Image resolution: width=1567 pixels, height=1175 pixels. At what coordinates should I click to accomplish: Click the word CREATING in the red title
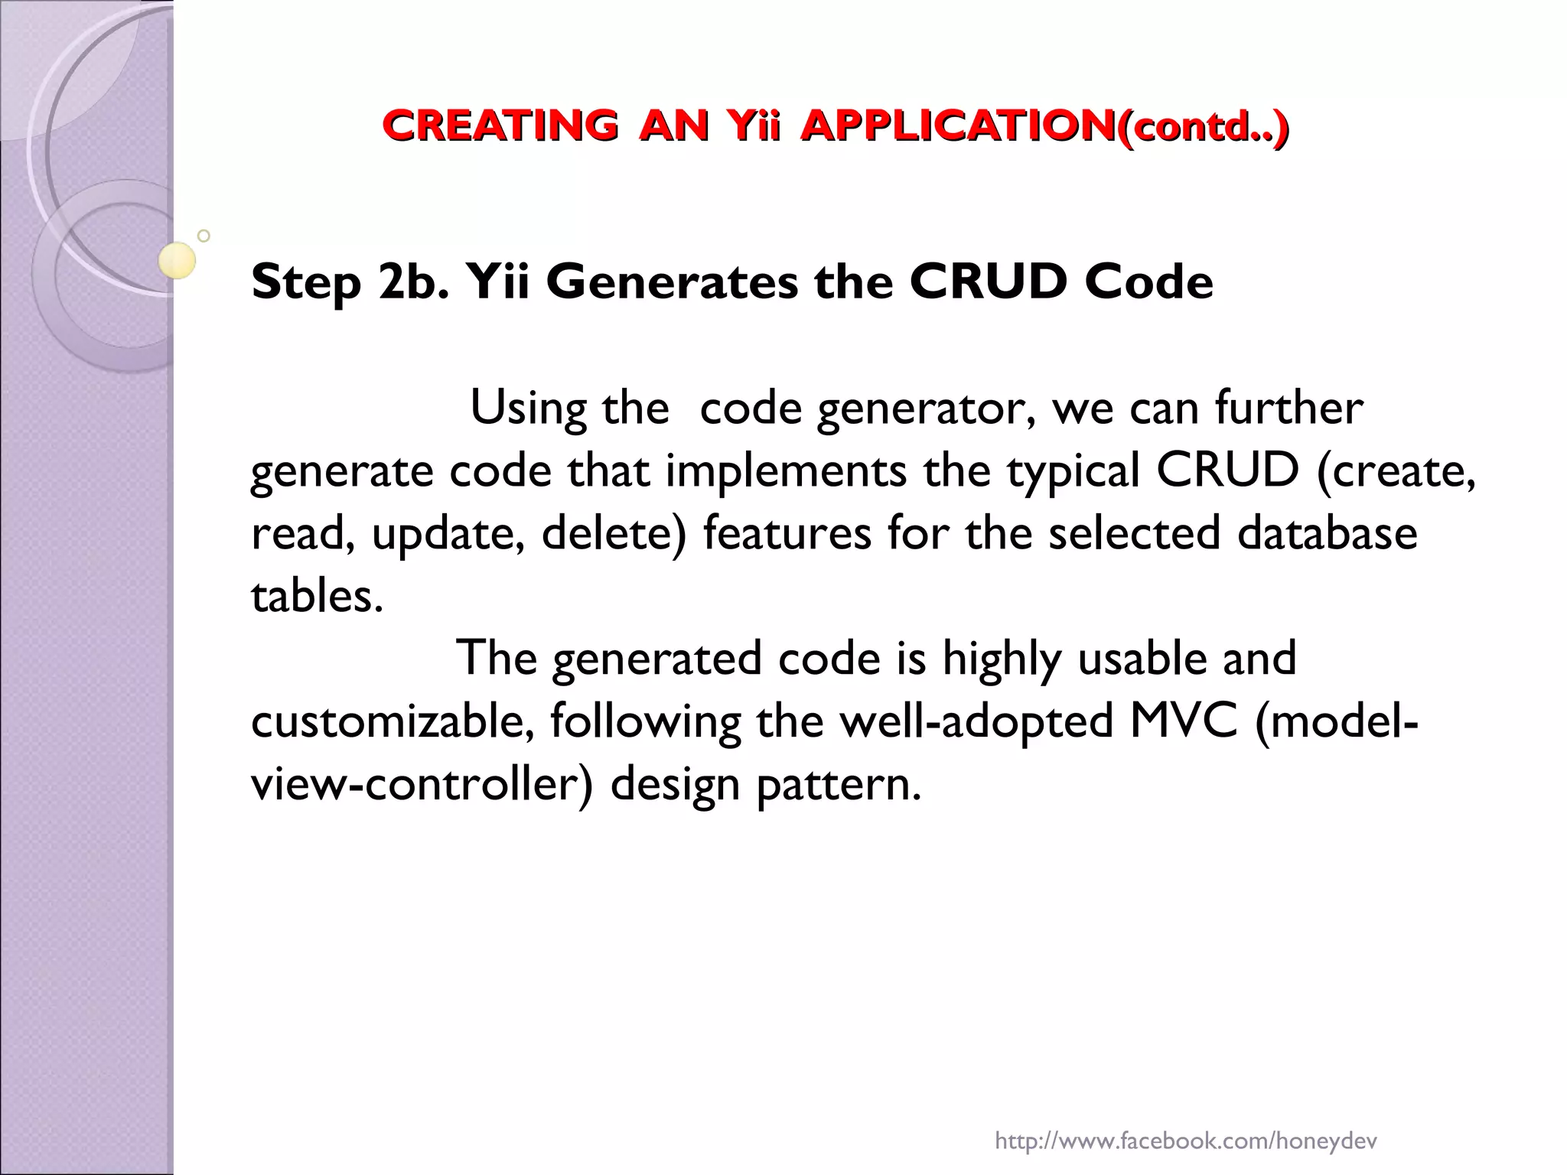point(500,125)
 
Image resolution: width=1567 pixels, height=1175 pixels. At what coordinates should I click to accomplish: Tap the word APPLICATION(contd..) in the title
point(1044,125)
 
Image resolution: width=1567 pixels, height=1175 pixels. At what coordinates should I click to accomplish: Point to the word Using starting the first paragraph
point(527,408)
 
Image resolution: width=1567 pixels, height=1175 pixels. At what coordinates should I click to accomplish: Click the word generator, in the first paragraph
point(927,409)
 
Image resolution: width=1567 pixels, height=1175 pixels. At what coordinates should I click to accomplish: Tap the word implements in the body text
point(786,470)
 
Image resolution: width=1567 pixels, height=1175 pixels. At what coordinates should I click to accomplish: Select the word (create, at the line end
point(1396,470)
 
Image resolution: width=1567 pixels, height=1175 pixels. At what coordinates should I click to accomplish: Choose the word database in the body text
point(1328,533)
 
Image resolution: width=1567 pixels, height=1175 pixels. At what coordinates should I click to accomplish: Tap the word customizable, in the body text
point(393,721)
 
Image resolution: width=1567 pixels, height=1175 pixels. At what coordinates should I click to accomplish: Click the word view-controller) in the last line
point(422,784)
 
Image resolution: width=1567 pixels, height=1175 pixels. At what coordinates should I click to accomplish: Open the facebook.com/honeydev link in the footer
point(1185,1121)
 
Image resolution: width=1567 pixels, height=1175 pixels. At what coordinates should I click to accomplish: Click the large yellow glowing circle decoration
point(178,261)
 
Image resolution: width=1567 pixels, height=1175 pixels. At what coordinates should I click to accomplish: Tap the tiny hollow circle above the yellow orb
point(204,236)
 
